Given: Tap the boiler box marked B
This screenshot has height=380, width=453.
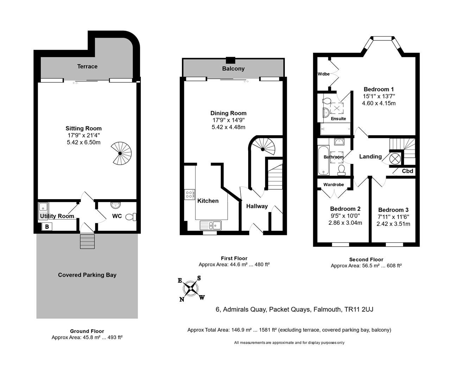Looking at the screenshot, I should (47, 227).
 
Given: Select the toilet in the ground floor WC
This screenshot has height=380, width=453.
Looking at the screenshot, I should (131, 217).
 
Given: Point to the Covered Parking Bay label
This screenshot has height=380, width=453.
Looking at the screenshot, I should (87, 275).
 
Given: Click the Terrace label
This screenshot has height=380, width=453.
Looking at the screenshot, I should (87, 66).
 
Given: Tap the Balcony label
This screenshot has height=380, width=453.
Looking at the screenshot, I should (233, 69).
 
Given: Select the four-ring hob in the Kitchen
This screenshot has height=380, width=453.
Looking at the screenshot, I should (189, 195).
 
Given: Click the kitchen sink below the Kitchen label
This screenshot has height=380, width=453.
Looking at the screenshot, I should (210, 225).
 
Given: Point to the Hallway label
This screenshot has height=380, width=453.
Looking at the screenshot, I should (257, 206).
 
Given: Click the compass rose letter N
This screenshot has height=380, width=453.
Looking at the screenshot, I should (182, 299).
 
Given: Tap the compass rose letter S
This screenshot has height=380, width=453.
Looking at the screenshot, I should (199, 278).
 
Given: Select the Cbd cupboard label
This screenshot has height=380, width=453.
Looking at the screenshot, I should (407, 171).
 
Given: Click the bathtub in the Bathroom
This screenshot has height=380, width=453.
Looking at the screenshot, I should (323, 161).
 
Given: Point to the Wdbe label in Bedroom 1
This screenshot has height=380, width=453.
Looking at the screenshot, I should (323, 74).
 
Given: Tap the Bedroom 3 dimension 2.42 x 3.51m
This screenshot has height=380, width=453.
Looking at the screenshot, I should (393, 224).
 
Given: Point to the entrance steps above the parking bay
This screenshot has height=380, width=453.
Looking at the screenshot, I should (88, 241).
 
